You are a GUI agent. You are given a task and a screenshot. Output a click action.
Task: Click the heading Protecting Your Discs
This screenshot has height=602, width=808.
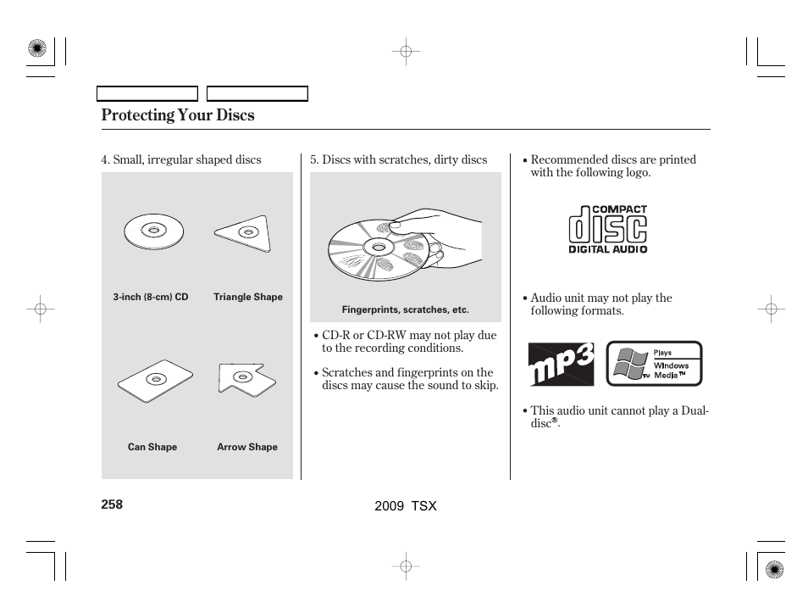click(x=177, y=115)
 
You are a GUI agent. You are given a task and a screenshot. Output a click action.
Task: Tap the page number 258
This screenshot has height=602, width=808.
click(x=112, y=504)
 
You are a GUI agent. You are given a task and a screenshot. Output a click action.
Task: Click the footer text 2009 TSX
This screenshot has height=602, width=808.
click(x=405, y=505)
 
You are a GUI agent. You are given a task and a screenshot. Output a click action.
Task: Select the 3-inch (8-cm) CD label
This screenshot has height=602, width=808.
click(x=151, y=298)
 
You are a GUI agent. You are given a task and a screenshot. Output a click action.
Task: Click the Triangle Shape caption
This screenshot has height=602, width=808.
click(x=248, y=298)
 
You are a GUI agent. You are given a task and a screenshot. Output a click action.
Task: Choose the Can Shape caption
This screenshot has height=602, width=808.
click(x=152, y=448)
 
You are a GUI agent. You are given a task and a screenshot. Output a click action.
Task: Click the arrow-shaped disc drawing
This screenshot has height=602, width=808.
click(x=246, y=378)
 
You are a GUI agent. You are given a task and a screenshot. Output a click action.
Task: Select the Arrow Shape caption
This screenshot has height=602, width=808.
click(x=247, y=448)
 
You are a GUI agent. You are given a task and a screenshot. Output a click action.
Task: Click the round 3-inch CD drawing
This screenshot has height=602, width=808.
click(x=152, y=231)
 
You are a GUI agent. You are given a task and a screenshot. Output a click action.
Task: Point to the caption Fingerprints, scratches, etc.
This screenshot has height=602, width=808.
click(x=405, y=310)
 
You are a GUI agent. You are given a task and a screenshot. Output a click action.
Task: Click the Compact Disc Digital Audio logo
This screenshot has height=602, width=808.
click(x=607, y=229)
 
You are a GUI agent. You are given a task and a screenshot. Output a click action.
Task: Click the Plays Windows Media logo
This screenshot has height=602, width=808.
click(x=654, y=364)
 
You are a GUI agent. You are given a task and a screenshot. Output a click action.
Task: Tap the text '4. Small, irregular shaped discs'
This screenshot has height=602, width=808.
click(x=181, y=160)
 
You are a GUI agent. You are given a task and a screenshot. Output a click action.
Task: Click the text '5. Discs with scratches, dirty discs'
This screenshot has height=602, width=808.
click(x=398, y=160)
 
